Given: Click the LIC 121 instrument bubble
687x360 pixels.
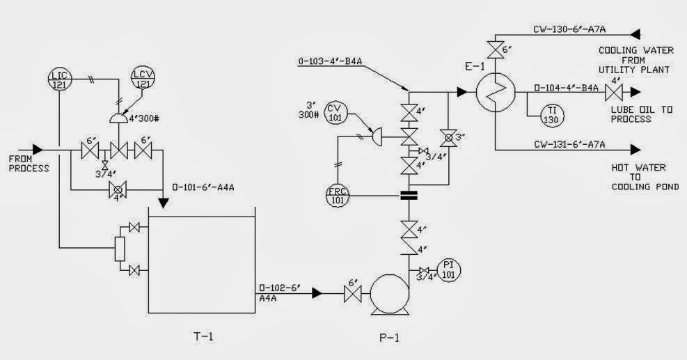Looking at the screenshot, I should (60, 77).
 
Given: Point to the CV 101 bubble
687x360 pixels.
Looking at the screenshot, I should (337, 112).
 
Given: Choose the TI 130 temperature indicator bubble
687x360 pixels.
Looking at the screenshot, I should (551, 114).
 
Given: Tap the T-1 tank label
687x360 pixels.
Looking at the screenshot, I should (203, 337).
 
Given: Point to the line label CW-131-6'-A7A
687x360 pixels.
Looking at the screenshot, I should (569, 144).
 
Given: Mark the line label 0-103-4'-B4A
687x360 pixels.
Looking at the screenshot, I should (331, 62).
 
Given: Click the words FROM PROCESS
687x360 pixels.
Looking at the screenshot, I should (29, 164).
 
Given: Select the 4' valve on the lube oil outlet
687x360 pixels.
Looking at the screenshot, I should (615, 91).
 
